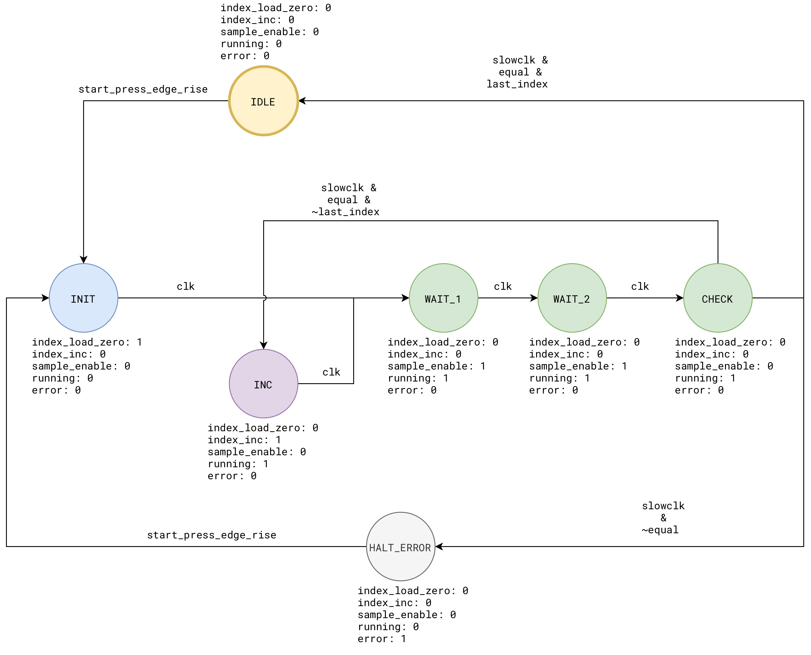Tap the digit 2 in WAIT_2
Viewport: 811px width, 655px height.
[x=587, y=299]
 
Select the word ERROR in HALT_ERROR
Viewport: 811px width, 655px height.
[x=415, y=548]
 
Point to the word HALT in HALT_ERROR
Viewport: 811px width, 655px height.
[x=381, y=548]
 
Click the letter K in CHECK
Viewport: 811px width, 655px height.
[x=730, y=299]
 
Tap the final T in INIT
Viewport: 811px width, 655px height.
[x=92, y=299]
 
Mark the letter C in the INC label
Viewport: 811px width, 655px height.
[x=269, y=385]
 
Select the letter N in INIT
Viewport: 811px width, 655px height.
[x=80, y=299]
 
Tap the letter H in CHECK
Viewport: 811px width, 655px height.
[x=711, y=299]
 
